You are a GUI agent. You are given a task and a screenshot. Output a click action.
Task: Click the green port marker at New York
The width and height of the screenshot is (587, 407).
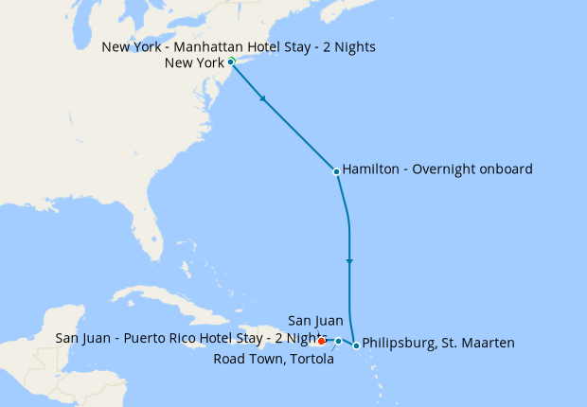point(232,62)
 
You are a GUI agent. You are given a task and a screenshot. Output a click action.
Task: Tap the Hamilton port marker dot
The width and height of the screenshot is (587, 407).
point(336,171)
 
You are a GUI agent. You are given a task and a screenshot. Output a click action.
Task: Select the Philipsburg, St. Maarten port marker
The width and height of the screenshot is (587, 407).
point(356,345)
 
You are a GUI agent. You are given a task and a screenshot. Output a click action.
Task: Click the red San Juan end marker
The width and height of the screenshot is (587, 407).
point(323,341)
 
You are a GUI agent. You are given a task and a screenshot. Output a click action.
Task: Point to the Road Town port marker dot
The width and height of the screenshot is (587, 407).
point(339,341)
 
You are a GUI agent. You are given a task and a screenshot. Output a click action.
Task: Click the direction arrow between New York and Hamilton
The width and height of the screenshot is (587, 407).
point(262,97)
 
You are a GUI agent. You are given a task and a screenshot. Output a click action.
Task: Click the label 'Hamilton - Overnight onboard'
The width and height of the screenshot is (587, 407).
point(437,169)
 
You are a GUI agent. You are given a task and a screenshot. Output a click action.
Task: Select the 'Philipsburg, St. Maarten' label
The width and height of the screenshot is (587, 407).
point(438,343)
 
